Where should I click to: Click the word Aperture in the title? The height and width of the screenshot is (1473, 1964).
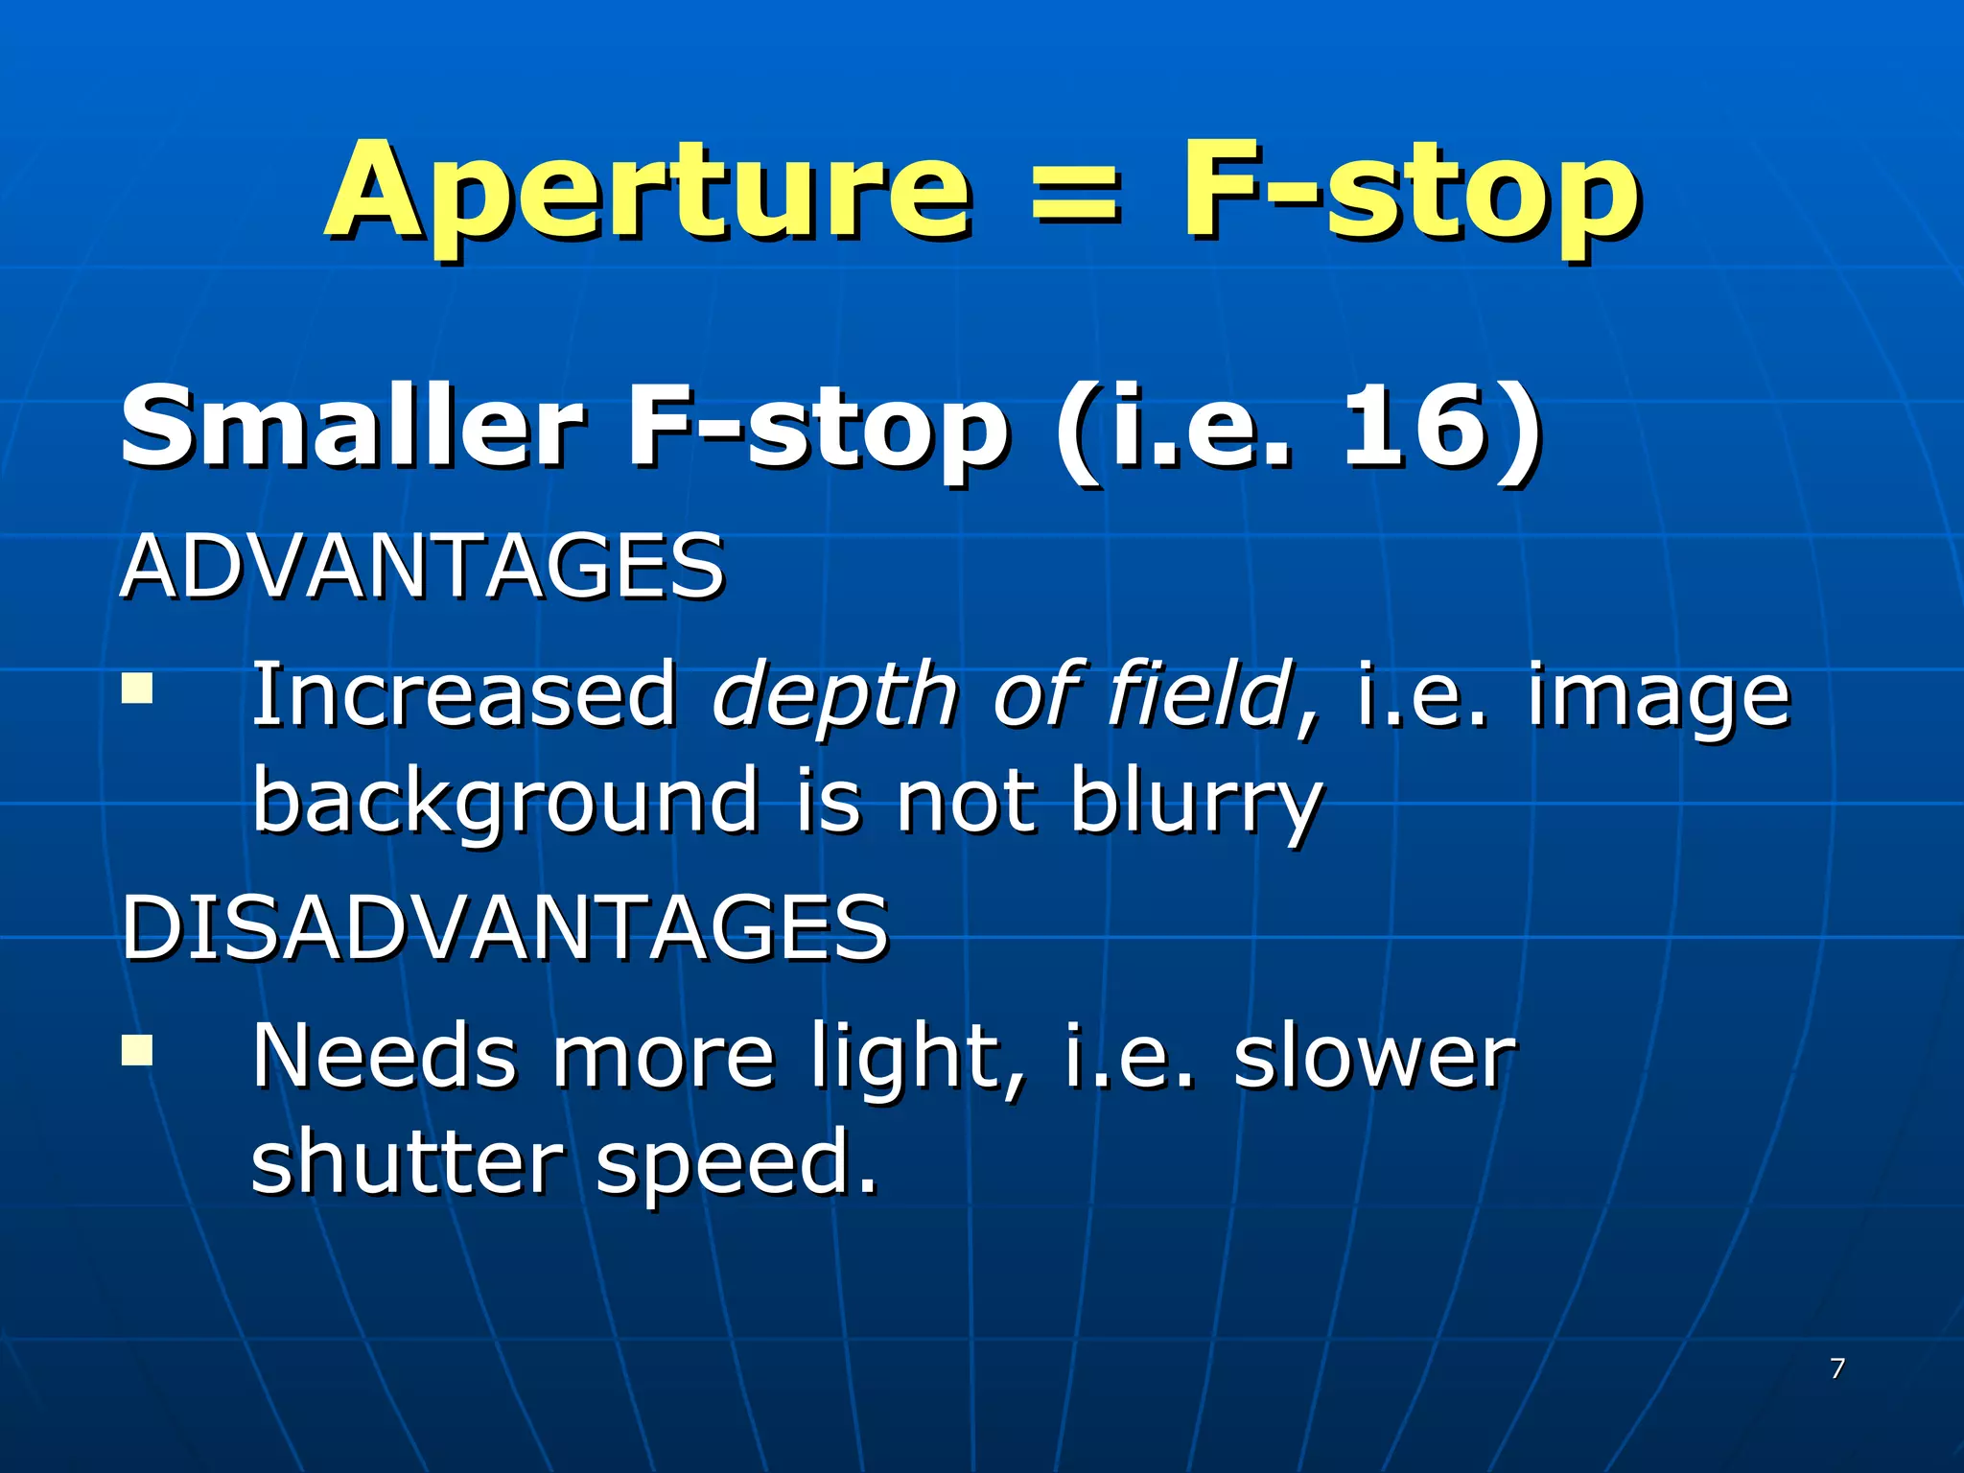(x=648, y=192)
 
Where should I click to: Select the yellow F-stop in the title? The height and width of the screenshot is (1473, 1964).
(x=1410, y=192)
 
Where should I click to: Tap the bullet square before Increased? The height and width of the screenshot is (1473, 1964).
(x=137, y=689)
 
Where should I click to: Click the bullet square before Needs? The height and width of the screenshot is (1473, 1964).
(x=137, y=1049)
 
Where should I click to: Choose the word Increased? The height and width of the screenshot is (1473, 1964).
(x=464, y=694)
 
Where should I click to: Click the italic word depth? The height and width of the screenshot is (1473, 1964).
(x=834, y=696)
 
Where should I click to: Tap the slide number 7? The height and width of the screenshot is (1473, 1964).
(x=1837, y=1368)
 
